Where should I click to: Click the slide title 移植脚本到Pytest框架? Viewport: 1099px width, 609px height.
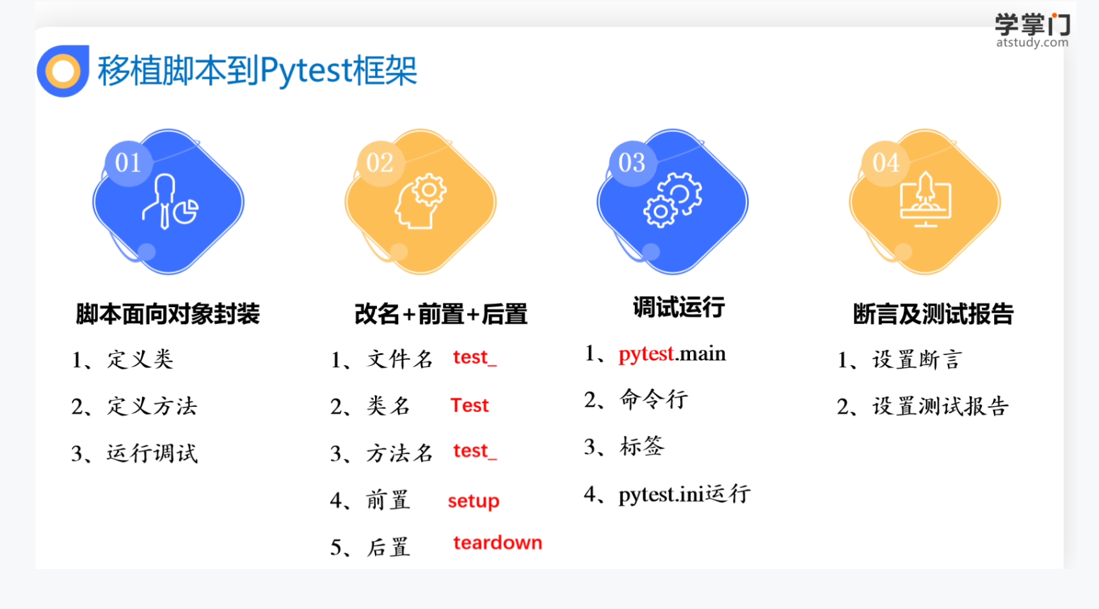coord(257,70)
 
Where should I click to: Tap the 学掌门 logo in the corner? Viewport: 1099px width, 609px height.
coord(1032,24)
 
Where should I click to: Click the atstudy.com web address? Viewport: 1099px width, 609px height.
coord(1032,43)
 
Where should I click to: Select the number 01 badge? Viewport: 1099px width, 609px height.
coord(128,163)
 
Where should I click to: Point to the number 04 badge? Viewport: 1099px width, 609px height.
coord(886,163)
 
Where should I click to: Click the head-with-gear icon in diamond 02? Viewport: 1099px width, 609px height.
coord(421,201)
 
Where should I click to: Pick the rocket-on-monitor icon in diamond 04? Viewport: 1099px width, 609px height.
coord(925,200)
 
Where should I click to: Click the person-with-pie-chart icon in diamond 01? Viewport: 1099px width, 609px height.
coord(170,202)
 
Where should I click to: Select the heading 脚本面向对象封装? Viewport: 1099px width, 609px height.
coord(168,314)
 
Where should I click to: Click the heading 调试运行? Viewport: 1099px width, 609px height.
coord(678,307)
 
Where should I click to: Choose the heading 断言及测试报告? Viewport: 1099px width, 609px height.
coord(933,314)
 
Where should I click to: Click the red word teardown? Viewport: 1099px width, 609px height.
coord(497,542)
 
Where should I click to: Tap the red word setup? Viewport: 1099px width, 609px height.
coord(474,501)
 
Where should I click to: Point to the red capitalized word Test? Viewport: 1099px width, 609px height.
coord(469,405)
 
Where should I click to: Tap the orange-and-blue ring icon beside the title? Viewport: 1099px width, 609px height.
coord(63,71)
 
